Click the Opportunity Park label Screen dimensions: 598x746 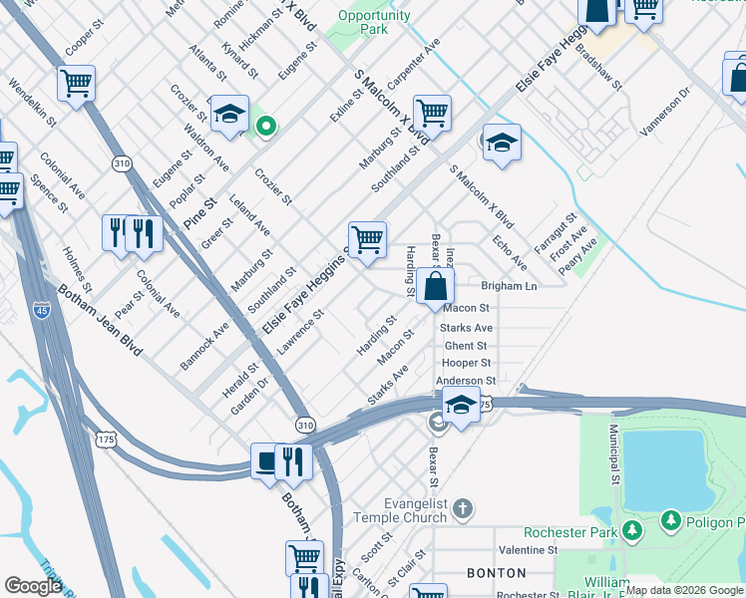[x=374, y=22]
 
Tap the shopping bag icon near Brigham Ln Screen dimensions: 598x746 [x=436, y=287]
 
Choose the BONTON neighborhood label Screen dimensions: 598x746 [x=497, y=573]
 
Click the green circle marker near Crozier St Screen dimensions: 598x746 [x=265, y=126]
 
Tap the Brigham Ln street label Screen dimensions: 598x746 [x=509, y=286]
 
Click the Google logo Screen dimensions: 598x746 [x=33, y=586]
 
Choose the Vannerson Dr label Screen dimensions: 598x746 [x=665, y=111]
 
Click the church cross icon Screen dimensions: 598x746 [x=461, y=510]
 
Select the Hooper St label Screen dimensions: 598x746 [x=467, y=363]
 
